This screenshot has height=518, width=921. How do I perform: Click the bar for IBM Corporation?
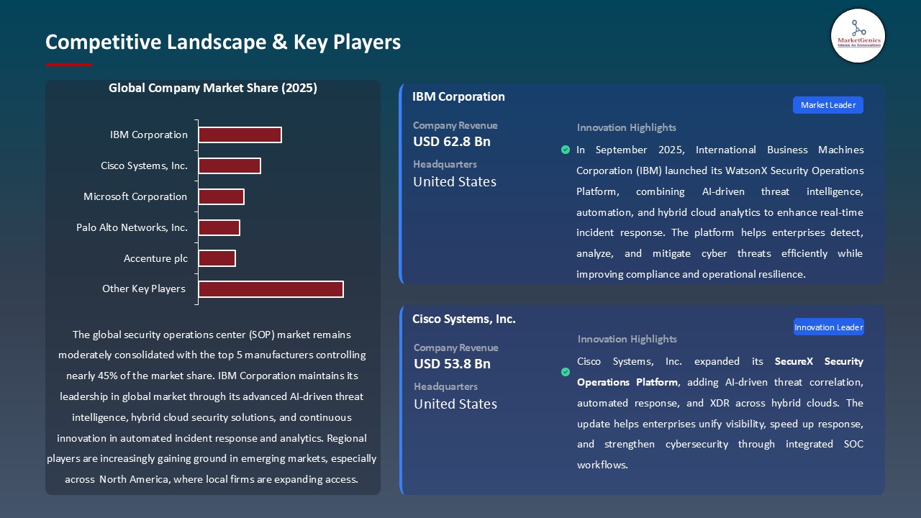coord(240,135)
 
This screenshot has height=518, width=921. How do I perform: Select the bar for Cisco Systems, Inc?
coord(230,165)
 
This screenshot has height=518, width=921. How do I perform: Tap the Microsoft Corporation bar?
coord(221,196)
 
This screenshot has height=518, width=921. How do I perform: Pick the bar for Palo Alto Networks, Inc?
coord(219,227)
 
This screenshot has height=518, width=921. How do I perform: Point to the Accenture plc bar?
coord(217,258)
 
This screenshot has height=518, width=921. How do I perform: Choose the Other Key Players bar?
coord(271,288)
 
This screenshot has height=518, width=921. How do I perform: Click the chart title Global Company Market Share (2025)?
coord(213,88)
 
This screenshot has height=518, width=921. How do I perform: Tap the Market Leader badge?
coord(828,105)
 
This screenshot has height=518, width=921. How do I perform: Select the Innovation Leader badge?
coord(828,327)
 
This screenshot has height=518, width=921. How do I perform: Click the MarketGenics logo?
coord(858,35)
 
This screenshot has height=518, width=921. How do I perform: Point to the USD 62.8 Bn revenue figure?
coord(452,142)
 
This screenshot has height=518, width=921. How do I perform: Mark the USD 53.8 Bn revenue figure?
coord(452,364)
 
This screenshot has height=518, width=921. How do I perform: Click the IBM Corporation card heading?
coord(458,96)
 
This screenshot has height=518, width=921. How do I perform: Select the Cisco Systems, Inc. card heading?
coord(464,319)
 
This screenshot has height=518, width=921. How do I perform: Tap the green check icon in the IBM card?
coord(566,150)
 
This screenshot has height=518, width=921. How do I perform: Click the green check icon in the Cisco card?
coord(566,372)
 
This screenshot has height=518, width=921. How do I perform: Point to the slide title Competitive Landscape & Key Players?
coord(223,42)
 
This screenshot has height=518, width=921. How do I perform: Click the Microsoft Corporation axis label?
coord(135,196)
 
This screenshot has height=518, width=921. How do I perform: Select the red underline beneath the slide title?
coord(69,65)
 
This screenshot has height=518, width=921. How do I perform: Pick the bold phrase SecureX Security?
coord(819,361)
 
